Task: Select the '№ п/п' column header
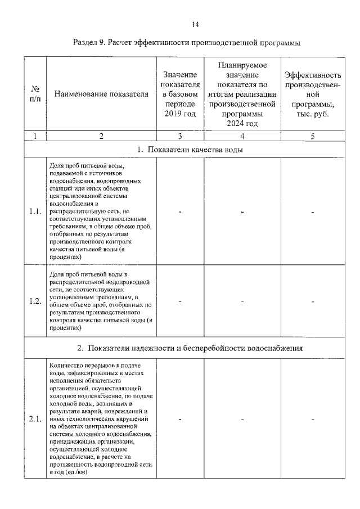tap(35, 94)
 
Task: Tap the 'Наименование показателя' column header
tap(101, 94)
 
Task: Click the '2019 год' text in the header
tap(180, 114)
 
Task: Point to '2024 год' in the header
tap(242, 124)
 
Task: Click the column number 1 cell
tap(35, 136)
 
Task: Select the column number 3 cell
tap(180, 136)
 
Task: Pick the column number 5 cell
tap(313, 136)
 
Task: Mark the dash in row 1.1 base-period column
tap(180, 211)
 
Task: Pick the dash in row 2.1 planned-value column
tap(242, 419)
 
